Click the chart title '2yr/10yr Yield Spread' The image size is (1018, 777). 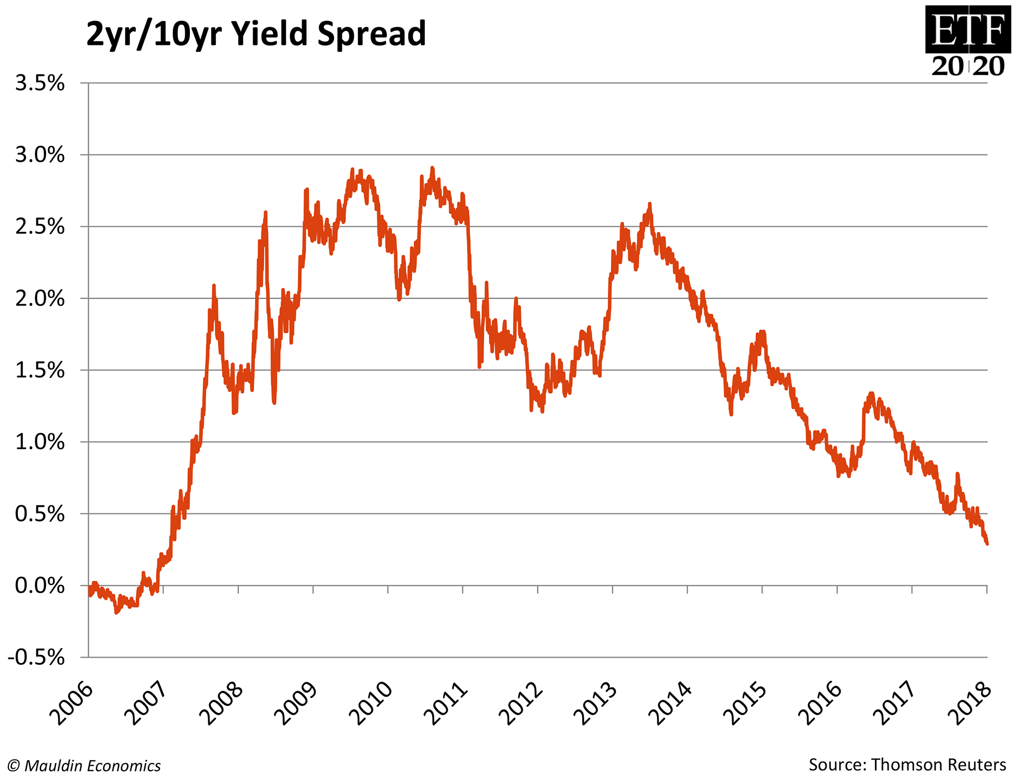(x=256, y=34)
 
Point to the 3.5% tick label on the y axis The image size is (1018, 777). (x=40, y=83)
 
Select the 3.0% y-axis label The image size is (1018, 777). (x=40, y=155)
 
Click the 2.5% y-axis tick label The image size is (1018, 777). (x=40, y=227)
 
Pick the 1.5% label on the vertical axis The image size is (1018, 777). (x=40, y=370)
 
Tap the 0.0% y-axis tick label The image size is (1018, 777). (x=40, y=585)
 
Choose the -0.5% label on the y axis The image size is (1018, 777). (x=37, y=657)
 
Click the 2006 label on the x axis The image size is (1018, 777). (x=73, y=703)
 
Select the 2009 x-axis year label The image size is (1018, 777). (x=297, y=703)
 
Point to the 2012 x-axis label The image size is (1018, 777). (x=521, y=703)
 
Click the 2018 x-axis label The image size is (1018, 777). (x=971, y=703)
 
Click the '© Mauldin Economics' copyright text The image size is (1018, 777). (x=84, y=766)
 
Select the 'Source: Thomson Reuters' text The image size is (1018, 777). (x=907, y=764)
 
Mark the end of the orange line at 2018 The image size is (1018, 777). (x=987, y=544)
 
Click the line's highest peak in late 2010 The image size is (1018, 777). (x=432, y=168)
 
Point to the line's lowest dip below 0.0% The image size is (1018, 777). (x=116, y=612)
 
